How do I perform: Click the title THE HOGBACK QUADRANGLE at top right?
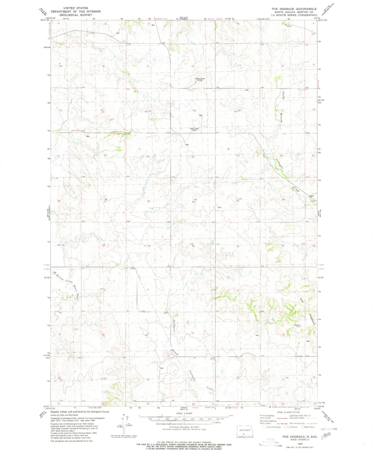point(294,9)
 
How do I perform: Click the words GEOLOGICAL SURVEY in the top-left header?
point(75,15)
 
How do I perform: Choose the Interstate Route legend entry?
point(272,427)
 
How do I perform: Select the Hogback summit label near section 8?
point(297,325)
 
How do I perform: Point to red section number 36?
point(193,246)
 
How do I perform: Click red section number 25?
point(194,202)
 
